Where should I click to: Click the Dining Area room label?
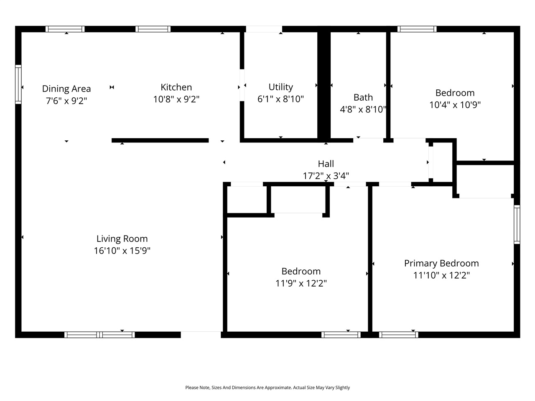(x=66, y=89)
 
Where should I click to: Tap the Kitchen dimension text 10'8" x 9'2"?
(x=176, y=99)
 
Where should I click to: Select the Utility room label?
(x=280, y=87)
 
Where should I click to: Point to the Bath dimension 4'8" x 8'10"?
(x=363, y=109)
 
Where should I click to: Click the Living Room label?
(x=122, y=239)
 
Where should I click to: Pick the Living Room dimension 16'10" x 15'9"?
(x=122, y=251)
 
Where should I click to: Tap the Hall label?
(x=326, y=164)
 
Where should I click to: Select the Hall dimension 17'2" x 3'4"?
(x=326, y=176)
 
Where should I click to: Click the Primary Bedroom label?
(x=441, y=263)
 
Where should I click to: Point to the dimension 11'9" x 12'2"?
(x=301, y=283)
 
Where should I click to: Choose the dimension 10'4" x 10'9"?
(x=455, y=104)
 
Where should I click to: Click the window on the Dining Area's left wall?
(x=18, y=84)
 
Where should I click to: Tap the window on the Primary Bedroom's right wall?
(x=517, y=224)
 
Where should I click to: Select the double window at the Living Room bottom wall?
(x=99, y=335)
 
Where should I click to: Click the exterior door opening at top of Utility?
(x=264, y=29)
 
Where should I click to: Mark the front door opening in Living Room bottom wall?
(x=201, y=335)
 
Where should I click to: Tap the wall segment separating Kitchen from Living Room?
(x=160, y=140)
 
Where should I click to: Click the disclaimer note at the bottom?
(x=267, y=388)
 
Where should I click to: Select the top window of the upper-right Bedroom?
(x=417, y=29)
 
